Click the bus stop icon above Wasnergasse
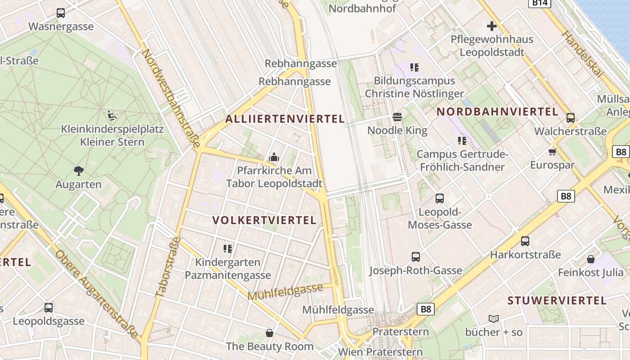(61, 13)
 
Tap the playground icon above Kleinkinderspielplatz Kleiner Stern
(112, 116)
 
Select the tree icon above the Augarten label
(79, 171)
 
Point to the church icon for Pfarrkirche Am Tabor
(274, 157)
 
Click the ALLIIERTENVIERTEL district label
(285, 119)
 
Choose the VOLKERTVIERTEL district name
(265, 220)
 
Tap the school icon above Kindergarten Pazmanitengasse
(228, 248)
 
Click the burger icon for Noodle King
(397, 117)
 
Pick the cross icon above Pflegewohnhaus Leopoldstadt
(492, 26)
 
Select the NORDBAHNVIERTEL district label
(497, 112)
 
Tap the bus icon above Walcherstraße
(570, 118)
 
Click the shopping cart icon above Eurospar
(553, 152)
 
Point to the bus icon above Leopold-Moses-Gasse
(440, 198)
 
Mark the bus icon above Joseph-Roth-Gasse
(416, 257)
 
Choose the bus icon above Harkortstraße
(525, 241)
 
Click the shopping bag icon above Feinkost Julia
(591, 259)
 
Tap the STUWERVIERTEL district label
(557, 301)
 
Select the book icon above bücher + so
(494, 319)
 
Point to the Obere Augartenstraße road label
(96, 294)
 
